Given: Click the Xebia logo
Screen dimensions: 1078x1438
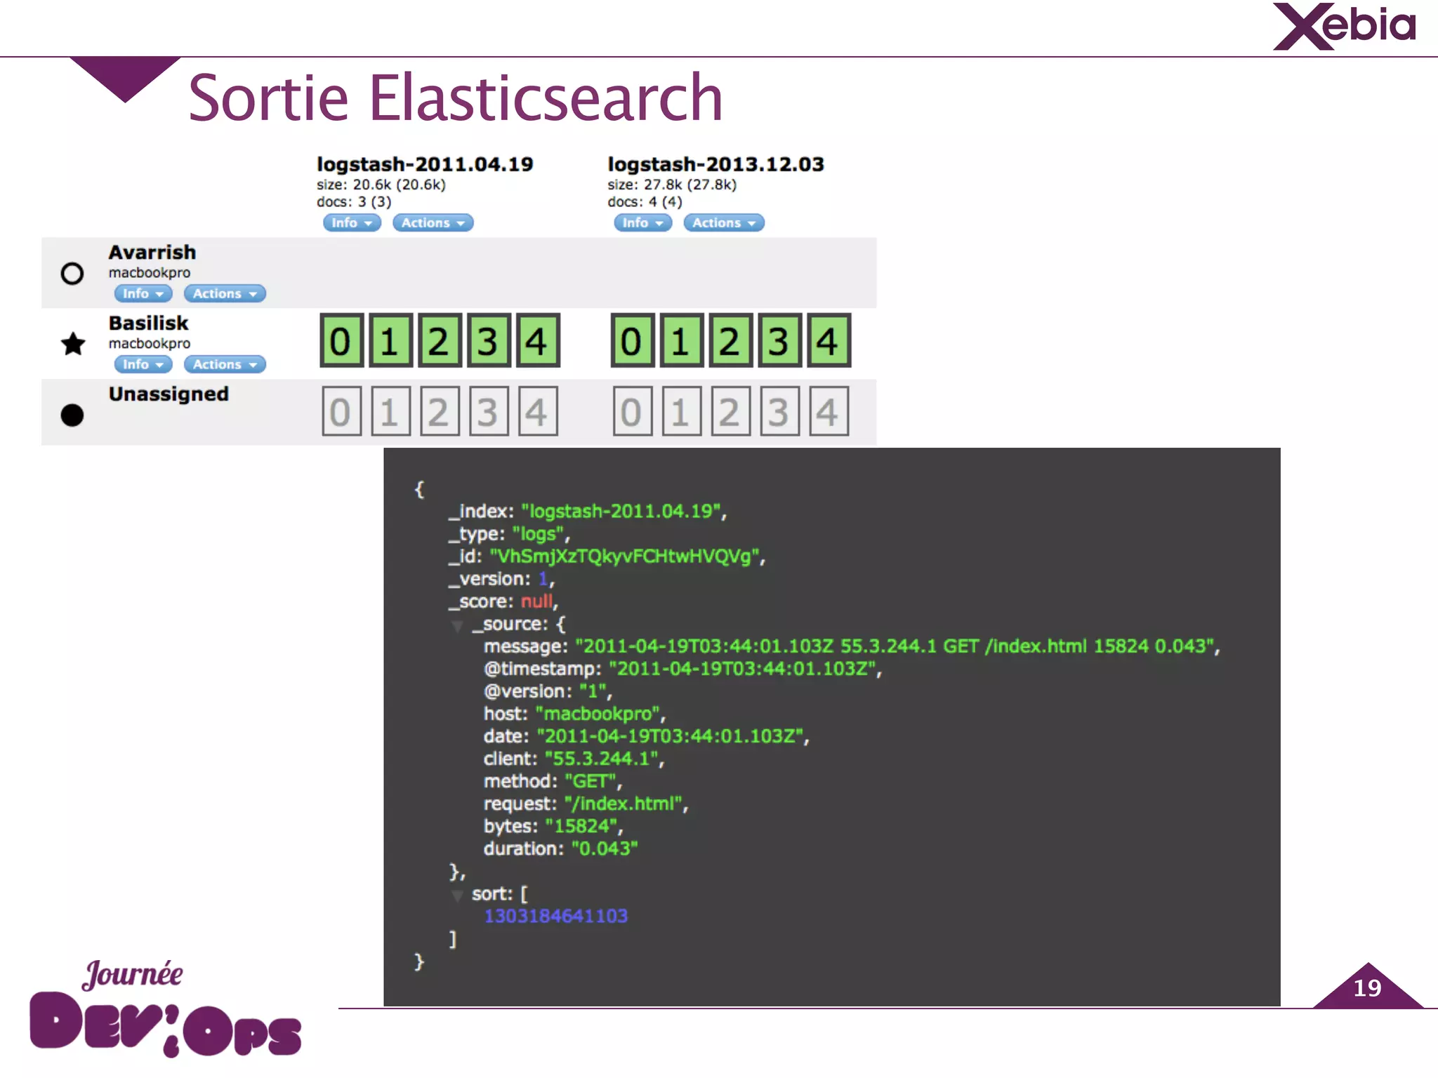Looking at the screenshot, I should click(x=1344, y=27).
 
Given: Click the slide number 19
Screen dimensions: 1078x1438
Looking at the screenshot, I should click(x=1367, y=988).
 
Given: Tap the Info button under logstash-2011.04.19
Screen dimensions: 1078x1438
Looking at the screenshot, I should click(x=351, y=222).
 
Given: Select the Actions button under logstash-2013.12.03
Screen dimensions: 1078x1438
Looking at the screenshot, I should click(x=723, y=222).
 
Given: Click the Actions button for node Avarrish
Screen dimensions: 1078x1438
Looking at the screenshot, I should click(x=224, y=293).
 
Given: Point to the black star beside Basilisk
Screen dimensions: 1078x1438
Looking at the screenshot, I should click(x=73, y=344).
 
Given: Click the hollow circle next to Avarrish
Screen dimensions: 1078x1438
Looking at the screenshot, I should click(x=72, y=273).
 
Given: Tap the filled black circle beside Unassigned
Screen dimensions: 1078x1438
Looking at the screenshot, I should click(x=72, y=415).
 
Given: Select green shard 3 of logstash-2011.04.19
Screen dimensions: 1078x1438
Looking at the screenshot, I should click(x=488, y=341).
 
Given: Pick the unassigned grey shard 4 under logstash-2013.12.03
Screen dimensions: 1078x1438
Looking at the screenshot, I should click(x=828, y=412).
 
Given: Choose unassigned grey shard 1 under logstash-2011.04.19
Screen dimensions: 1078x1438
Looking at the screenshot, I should click(x=390, y=412).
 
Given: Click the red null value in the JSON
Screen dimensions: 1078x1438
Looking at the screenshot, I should click(x=536, y=601).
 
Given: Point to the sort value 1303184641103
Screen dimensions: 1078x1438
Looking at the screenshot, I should click(x=555, y=916).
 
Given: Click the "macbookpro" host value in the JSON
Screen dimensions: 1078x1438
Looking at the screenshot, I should click(x=598, y=714).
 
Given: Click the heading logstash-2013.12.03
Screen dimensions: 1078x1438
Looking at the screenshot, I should click(x=715, y=164).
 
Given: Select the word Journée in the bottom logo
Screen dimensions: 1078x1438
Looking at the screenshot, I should click(x=133, y=974).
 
